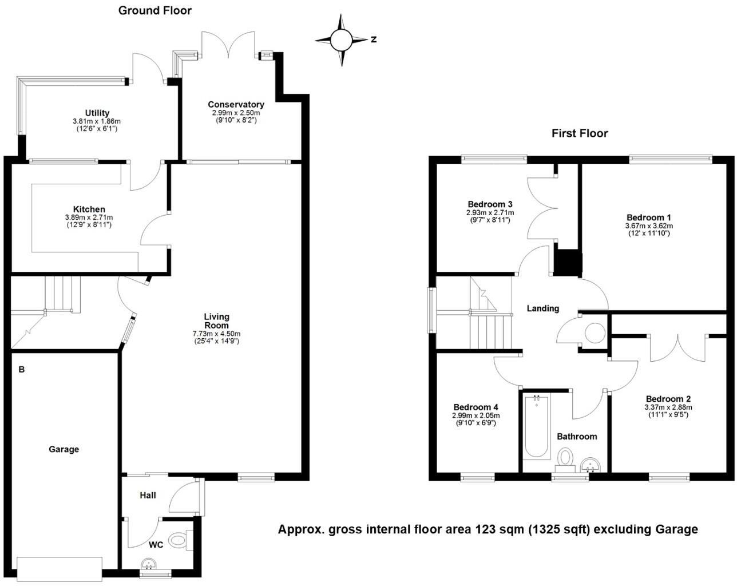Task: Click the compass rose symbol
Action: [342, 39]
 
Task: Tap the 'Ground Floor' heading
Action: [154, 10]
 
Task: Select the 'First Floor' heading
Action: [579, 133]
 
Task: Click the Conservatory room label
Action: [236, 104]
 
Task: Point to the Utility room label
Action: [97, 113]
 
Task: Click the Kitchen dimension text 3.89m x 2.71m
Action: [89, 217]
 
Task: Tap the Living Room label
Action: [216, 320]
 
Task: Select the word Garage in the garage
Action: [64, 449]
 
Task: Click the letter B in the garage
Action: [22, 370]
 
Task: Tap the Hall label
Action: [148, 495]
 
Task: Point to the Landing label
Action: [542, 308]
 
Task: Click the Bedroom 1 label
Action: [648, 217]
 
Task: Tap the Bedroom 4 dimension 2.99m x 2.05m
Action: [476, 415]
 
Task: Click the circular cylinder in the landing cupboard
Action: [595, 333]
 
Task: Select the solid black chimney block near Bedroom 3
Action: [568, 263]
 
